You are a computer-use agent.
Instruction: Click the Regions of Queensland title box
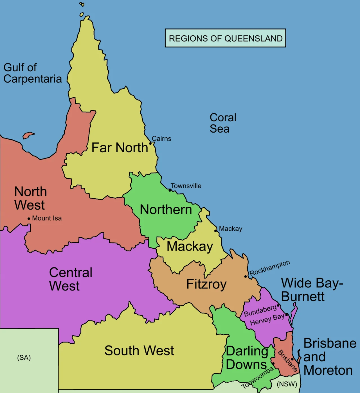point(225,38)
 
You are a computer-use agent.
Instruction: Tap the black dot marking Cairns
point(150,144)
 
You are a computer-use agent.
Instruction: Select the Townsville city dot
point(170,190)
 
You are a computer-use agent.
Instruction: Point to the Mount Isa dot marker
point(29,218)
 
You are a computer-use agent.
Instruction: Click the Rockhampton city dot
point(246,277)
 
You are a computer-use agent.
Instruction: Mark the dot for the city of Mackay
point(216,231)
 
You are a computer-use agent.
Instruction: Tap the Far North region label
point(120,148)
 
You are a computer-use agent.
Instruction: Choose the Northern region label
point(166,210)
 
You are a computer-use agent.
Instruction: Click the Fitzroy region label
point(206,284)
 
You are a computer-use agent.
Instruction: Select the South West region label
point(139,351)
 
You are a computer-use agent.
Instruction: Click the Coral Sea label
point(223,123)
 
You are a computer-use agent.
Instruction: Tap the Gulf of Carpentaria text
point(32,73)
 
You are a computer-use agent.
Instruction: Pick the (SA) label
point(24,358)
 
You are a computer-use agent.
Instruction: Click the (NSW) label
point(287,384)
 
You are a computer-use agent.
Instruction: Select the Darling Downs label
point(247,358)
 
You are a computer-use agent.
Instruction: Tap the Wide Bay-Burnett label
point(312,289)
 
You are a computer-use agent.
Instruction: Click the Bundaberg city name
point(260,310)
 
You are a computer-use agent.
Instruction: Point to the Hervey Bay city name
point(267,320)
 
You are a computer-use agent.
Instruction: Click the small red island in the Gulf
point(28,135)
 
